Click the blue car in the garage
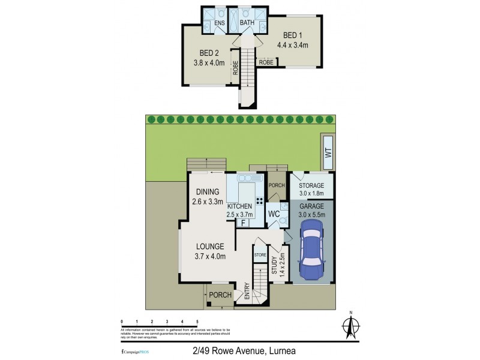[311, 250]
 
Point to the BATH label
[247, 23]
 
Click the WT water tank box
[328, 153]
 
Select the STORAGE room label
[311, 185]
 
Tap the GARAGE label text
[311, 206]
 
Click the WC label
[275, 214]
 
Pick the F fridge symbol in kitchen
[244, 223]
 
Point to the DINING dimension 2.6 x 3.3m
[207, 202]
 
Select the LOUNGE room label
[209, 246]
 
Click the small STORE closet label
[260, 256]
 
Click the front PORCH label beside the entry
[220, 295]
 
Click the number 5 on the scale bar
[197, 322]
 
